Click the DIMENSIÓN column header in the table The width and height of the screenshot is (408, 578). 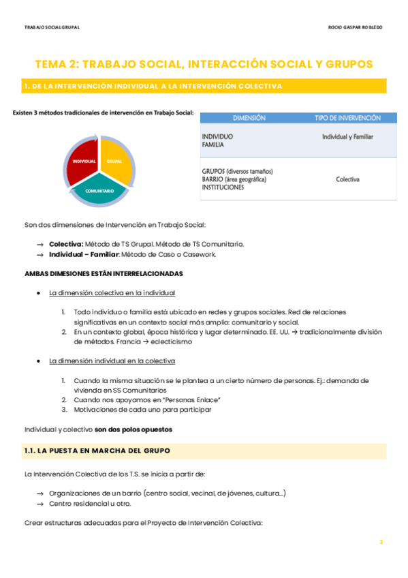point(249,118)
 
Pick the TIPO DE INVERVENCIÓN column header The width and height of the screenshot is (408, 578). point(347,118)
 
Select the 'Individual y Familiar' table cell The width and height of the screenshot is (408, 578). point(347,136)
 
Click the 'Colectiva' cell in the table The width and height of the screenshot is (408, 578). point(347,179)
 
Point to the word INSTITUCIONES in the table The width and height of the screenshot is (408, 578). point(223,187)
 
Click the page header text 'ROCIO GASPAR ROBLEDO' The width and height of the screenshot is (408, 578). point(355,27)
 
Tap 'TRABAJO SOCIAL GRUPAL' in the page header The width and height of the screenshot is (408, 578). point(52,27)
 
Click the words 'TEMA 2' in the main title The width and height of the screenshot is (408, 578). point(57,64)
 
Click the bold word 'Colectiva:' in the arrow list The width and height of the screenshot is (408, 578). point(66,243)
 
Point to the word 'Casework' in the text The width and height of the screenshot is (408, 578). point(198,254)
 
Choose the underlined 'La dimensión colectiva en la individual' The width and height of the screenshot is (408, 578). point(112,293)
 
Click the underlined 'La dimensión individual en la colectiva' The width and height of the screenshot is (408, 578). point(112,361)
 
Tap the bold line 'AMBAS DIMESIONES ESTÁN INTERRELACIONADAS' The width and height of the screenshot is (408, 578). point(104,273)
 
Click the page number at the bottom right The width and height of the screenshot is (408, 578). point(381,541)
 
